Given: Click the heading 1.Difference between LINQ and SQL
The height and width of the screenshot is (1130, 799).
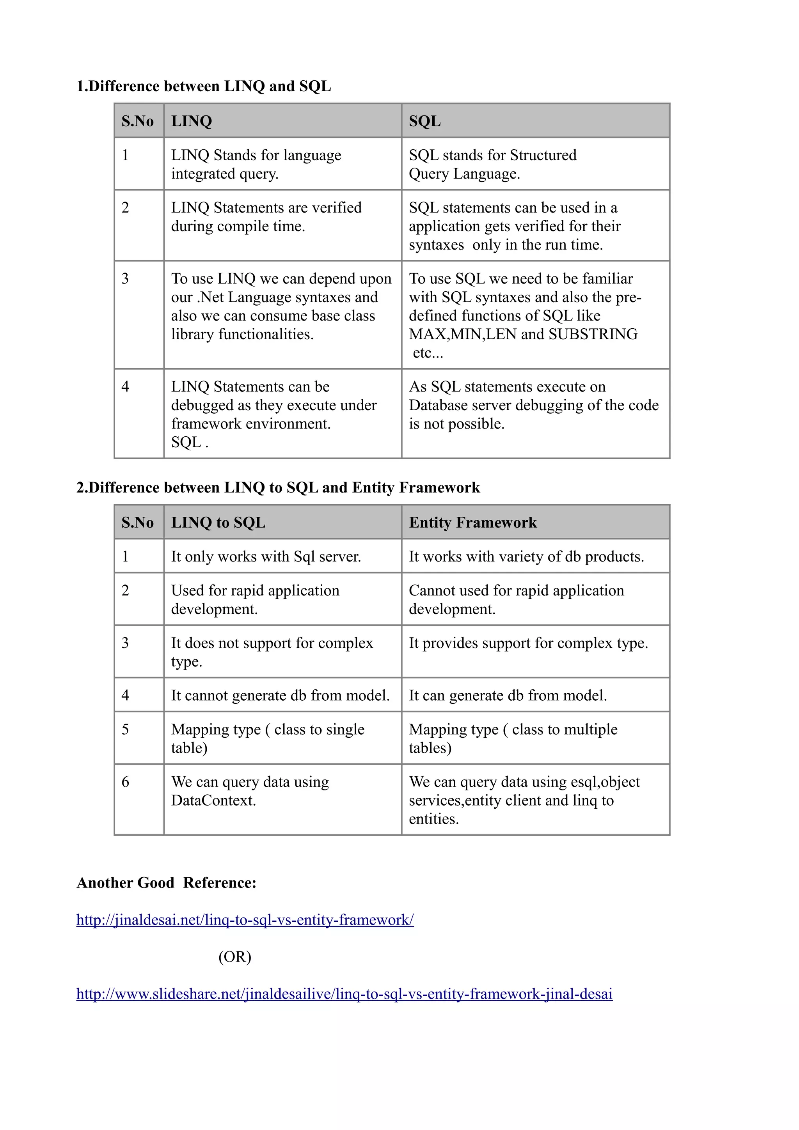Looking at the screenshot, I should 203,86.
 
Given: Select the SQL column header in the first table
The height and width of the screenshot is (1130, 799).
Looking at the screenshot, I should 425,121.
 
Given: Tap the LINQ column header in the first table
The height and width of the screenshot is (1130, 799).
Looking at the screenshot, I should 192,121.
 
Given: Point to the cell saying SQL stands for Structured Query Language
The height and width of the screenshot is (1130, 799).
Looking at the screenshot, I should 492,165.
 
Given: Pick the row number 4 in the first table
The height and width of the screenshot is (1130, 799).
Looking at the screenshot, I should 126,387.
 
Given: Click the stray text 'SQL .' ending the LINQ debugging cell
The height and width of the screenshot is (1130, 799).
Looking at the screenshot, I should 190,443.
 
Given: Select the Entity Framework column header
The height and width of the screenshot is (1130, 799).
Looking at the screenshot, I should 472,522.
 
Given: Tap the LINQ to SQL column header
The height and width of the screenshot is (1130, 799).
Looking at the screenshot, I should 218,522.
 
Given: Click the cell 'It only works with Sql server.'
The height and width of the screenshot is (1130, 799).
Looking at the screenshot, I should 266,557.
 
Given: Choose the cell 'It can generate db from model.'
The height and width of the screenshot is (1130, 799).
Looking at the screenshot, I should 508,695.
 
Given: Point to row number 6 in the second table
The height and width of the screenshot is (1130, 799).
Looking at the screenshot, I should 126,782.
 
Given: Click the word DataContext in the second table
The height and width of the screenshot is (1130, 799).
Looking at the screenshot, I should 213,801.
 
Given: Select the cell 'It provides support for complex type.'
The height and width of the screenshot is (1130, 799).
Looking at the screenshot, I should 528,643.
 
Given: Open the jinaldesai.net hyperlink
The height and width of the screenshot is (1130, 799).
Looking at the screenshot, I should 245,920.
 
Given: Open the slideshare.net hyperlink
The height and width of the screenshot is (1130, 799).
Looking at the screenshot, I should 344,994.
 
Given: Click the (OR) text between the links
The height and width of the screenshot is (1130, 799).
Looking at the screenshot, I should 235,957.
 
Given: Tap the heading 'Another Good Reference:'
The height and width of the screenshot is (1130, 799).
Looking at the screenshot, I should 167,883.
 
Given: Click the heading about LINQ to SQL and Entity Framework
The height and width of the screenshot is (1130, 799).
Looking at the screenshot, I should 278,488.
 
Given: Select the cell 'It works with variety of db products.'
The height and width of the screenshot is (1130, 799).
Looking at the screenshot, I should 526,557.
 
